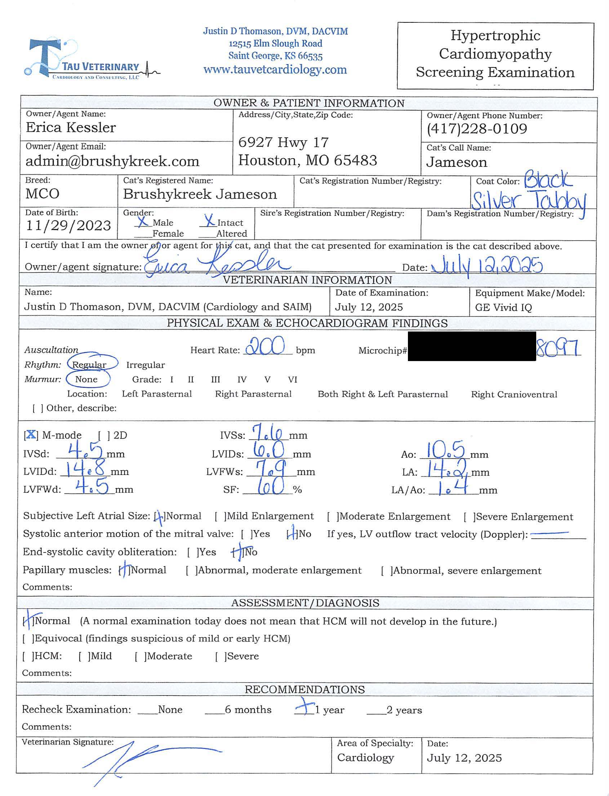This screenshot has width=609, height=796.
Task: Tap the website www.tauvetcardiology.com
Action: [275, 70]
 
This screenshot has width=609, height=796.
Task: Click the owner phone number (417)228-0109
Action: [477, 129]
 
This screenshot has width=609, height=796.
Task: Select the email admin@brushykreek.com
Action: [112, 161]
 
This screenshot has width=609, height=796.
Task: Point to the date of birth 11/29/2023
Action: [68, 226]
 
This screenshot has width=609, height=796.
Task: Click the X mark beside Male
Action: [142, 221]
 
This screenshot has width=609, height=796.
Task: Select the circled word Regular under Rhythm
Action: [89, 364]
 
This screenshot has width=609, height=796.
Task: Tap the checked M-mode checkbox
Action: [31, 434]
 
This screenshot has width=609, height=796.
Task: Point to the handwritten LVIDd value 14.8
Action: [84, 468]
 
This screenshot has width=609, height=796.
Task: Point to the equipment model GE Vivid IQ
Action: [503, 307]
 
